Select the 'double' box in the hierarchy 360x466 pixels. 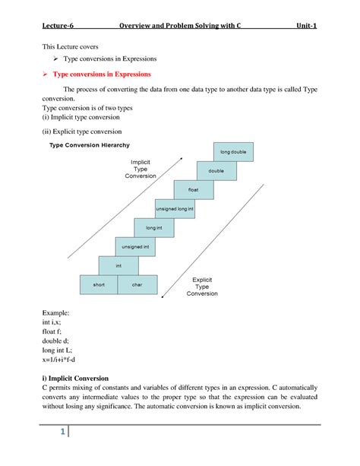click(216, 171)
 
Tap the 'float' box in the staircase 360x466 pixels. click(194, 190)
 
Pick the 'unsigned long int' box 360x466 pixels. click(175, 208)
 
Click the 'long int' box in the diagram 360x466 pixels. click(155, 227)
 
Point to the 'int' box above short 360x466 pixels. click(118, 265)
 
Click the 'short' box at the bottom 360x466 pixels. click(99, 284)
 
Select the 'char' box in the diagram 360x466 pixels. click(137, 284)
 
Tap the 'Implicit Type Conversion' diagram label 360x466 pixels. click(141, 169)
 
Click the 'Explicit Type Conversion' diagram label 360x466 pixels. click(202, 286)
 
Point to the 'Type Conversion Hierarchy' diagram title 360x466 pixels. click(90, 144)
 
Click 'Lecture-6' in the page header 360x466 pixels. click(58, 26)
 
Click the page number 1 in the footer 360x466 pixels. click(56, 433)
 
